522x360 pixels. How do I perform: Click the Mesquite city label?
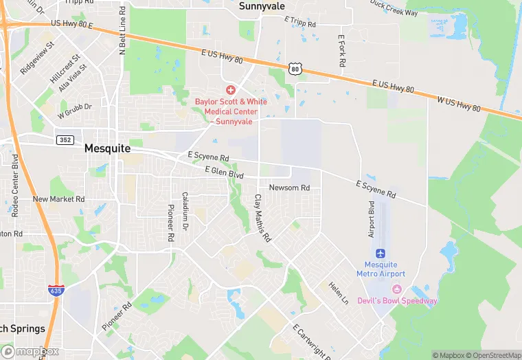pyautogui.click(x=107, y=148)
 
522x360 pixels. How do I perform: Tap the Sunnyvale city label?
pyautogui.click(x=262, y=6)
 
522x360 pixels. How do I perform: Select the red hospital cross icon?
pyautogui.click(x=231, y=90)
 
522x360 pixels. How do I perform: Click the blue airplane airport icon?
pyautogui.click(x=381, y=254)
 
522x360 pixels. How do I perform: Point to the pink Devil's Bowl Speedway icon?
pyautogui.click(x=396, y=289)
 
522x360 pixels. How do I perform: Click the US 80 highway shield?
pyautogui.click(x=295, y=69)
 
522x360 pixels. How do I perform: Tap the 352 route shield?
pyautogui.click(x=65, y=140)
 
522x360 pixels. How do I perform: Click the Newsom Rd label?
pyautogui.click(x=289, y=188)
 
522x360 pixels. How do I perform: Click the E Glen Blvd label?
pyautogui.click(x=224, y=172)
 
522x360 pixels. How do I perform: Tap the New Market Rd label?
pyautogui.click(x=59, y=199)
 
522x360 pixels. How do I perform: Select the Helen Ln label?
pyautogui.click(x=338, y=294)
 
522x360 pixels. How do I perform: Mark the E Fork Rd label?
pyautogui.click(x=341, y=50)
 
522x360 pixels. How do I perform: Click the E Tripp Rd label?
pyautogui.click(x=300, y=23)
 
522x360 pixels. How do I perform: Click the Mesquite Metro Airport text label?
pyautogui.click(x=381, y=269)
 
